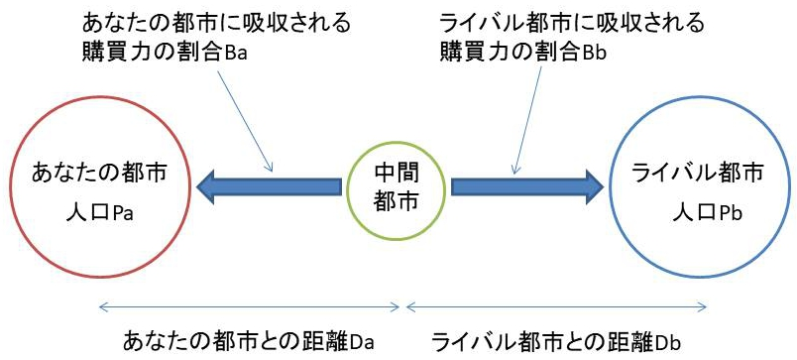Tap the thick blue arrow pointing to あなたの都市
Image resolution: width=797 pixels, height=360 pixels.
[x=269, y=187]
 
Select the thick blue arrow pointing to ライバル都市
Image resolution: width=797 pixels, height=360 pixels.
[x=527, y=187]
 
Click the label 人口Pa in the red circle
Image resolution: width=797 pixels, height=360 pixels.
[x=99, y=213]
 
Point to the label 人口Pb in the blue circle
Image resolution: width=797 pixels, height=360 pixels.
[x=707, y=213]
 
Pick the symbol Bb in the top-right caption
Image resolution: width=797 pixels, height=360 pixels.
[x=595, y=53]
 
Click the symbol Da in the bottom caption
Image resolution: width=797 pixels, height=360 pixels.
[x=362, y=342]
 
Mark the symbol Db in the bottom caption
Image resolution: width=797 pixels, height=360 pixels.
[x=668, y=342]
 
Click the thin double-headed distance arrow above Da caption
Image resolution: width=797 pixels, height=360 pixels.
[x=250, y=306]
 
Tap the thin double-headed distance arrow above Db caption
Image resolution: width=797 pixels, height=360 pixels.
[x=557, y=306]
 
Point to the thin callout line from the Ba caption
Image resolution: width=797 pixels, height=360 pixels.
[x=246, y=120]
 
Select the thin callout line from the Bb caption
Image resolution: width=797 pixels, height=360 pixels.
[x=528, y=119]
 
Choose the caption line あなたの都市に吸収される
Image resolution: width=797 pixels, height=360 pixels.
[x=216, y=23]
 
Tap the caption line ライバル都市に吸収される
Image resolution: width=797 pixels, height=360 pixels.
[x=572, y=23]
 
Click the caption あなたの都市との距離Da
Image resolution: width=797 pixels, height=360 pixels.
[x=249, y=342]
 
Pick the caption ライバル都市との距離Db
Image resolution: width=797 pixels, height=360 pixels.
[x=556, y=342]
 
